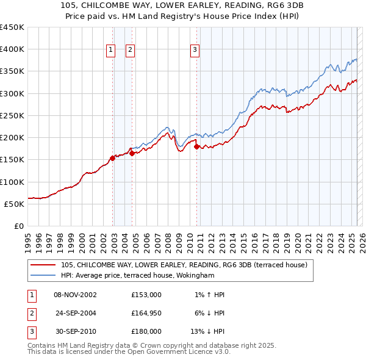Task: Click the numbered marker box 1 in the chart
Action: (111, 50)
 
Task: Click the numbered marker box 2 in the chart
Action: (131, 50)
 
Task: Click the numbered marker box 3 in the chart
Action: (195, 50)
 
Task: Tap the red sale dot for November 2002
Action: (112, 159)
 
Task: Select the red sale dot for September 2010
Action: (196, 146)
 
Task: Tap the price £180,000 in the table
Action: (146, 331)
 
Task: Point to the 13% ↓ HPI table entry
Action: (203, 331)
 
